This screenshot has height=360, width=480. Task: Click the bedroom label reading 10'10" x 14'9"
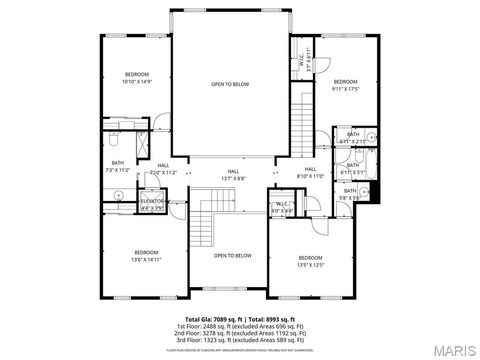coord(137,78)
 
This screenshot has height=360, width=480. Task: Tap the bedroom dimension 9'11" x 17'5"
coord(345,85)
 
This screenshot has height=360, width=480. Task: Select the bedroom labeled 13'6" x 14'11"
coord(146,255)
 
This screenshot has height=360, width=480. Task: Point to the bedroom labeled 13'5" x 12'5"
coord(310,262)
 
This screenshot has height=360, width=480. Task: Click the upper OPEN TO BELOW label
coord(230,85)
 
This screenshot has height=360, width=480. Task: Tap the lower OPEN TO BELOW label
coord(232,256)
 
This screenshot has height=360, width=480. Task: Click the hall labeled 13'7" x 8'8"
coord(233,174)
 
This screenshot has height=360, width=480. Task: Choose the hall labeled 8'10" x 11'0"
coord(310,172)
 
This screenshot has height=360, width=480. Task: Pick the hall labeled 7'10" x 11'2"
coord(163,169)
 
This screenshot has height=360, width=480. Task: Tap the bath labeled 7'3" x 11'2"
coord(118,166)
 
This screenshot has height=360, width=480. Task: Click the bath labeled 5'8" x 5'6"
coord(350,194)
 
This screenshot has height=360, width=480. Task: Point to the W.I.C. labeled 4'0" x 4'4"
coord(281,207)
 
